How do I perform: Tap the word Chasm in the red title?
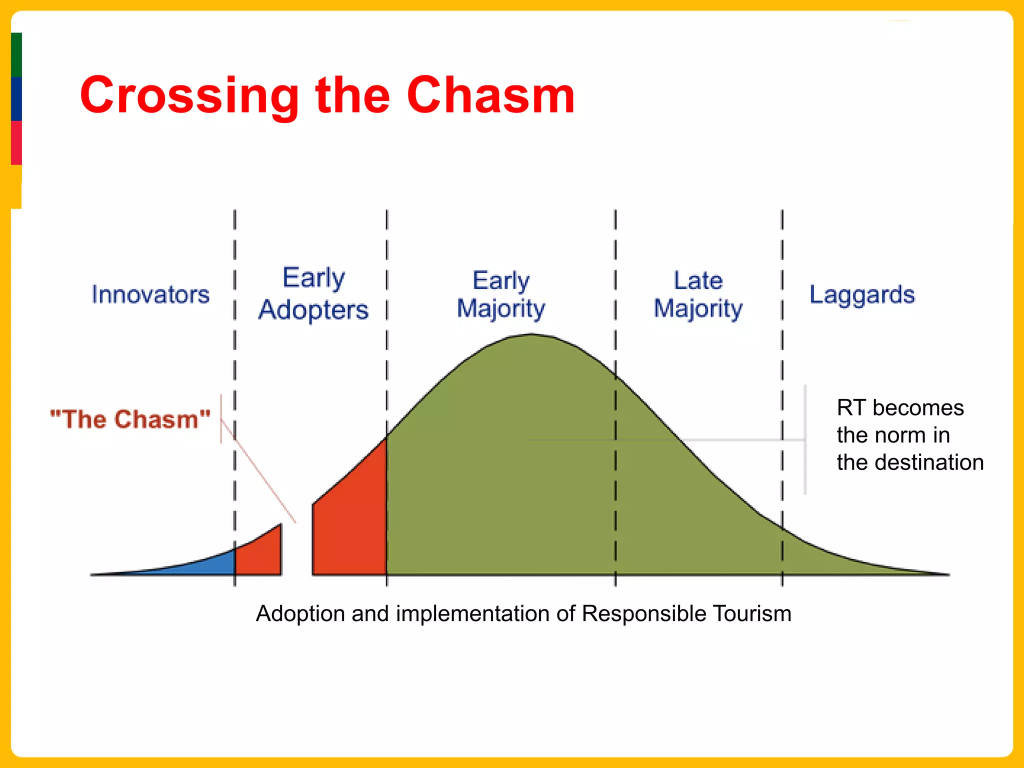[x=490, y=95]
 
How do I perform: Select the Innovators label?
[x=150, y=294]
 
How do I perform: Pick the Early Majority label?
[x=500, y=294]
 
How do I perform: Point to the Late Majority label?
[x=698, y=294]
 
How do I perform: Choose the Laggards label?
[x=862, y=294]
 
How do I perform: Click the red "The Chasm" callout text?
[x=130, y=419]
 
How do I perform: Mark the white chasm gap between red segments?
[x=297, y=550]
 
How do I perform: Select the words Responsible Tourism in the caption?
[x=686, y=613]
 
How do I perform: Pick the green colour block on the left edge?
[x=16, y=54]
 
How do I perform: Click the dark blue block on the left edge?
[x=16, y=98]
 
